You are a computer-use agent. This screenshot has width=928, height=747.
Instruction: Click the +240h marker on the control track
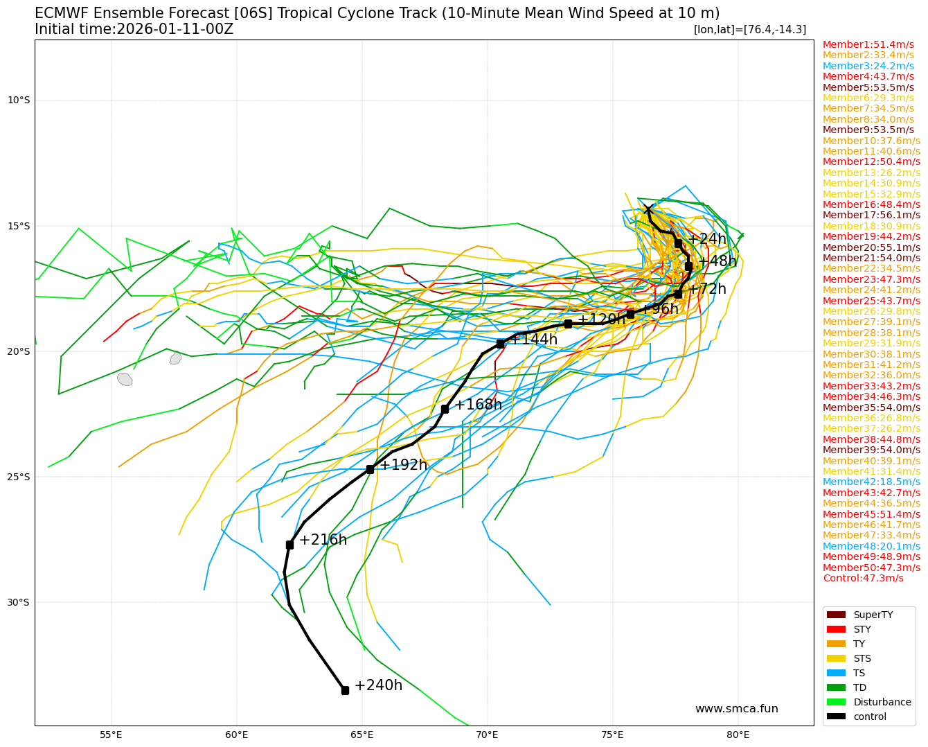tap(345, 690)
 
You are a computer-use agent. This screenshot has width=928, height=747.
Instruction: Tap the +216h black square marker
tap(289, 545)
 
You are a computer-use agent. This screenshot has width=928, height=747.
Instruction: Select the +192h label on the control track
tap(403, 465)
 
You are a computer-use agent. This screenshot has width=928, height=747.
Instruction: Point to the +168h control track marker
tap(445, 409)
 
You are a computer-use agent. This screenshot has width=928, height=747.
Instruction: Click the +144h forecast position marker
tap(500, 344)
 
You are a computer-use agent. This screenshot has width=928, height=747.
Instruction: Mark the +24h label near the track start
tap(706, 239)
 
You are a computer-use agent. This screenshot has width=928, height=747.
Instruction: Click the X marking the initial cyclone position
tap(648, 210)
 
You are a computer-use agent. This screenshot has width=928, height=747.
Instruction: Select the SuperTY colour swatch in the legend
tap(837, 615)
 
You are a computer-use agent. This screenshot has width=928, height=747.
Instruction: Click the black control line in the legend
tap(837, 717)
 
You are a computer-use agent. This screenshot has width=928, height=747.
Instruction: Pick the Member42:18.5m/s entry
tap(871, 482)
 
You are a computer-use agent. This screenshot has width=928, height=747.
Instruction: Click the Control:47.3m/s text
tap(863, 578)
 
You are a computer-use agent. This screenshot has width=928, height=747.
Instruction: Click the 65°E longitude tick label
tap(362, 734)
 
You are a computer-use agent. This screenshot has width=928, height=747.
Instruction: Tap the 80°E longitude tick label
tap(738, 734)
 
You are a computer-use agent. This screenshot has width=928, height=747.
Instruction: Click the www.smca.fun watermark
tap(736, 708)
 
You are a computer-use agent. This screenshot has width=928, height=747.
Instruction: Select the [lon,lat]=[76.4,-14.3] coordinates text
tap(749, 29)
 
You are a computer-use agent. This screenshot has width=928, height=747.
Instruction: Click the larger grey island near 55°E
tap(125, 379)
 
